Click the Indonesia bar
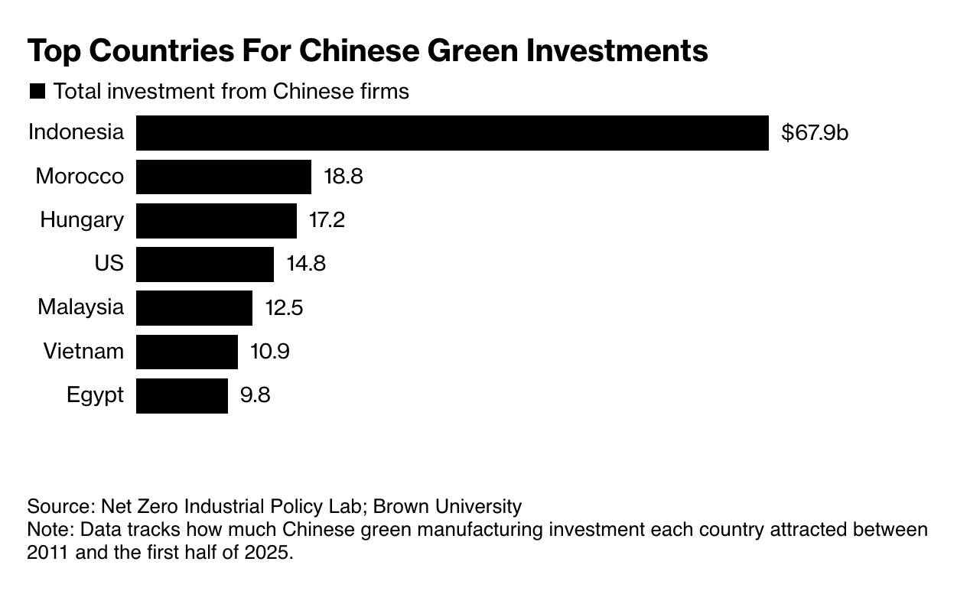452,133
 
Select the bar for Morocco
223,177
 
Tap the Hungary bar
216,221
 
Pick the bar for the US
204,265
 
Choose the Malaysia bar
194,308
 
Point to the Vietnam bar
187,352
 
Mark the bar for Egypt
181,395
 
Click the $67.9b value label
815,133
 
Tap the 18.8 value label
343,177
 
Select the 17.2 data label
327,221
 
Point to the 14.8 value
305,265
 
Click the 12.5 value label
283,308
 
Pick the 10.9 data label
269,352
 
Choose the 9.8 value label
254,395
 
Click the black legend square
37,92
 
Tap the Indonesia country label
76,132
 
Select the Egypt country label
95,395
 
